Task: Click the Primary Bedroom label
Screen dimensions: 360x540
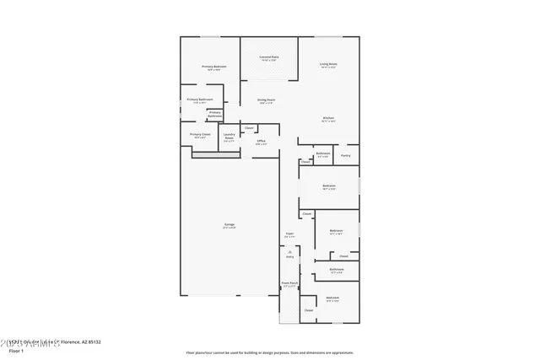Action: coord(213,66)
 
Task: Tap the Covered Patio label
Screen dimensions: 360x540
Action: coord(269,57)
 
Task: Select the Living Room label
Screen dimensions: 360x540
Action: coord(328,64)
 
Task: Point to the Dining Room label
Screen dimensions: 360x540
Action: coord(267,99)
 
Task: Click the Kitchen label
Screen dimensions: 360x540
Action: coord(328,117)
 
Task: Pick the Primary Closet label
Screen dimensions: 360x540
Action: coord(200,134)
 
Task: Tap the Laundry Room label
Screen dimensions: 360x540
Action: coord(229,137)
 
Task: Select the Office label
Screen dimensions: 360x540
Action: coord(262,141)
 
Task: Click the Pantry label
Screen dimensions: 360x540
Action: coord(346,155)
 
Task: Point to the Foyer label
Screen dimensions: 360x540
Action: coord(289,234)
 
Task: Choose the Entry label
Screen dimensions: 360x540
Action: coord(289,256)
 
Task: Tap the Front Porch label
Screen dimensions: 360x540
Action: coord(289,283)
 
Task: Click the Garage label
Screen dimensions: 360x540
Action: coord(229,224)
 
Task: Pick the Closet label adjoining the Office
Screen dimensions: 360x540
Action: coord(249,128)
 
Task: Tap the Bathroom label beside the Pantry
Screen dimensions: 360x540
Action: coord(323,154)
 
